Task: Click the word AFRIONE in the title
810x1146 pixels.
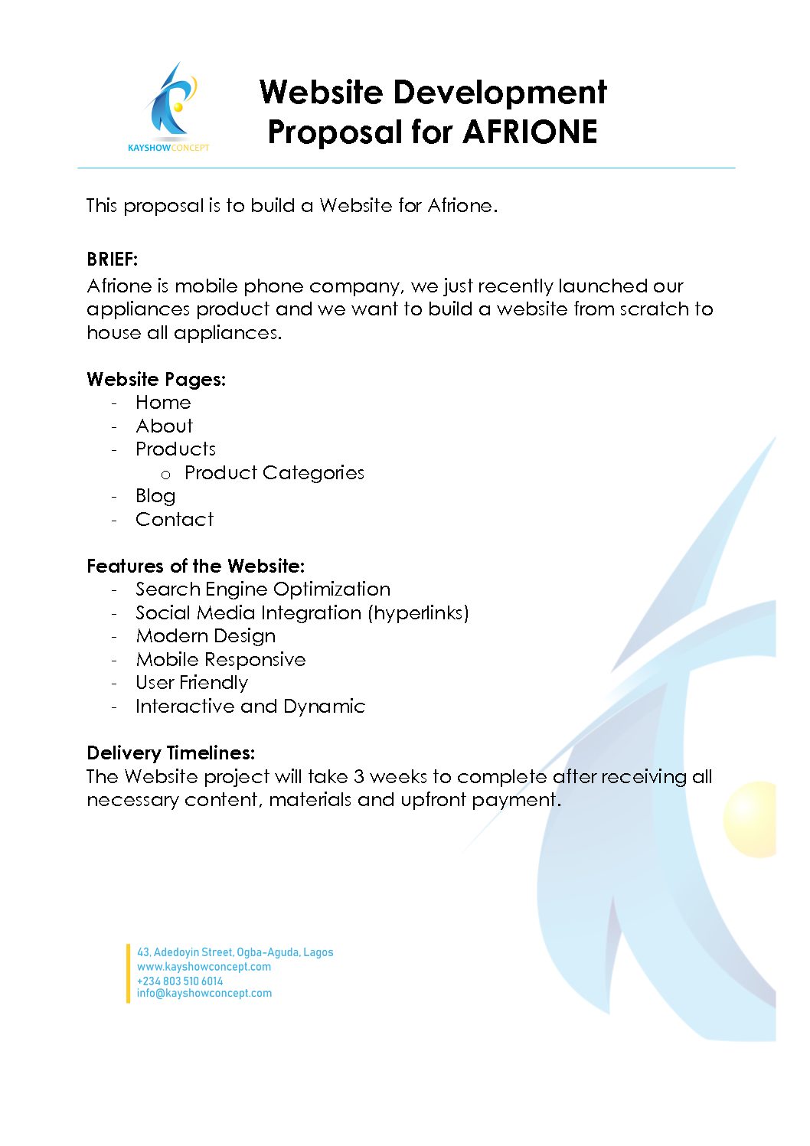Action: pos(530,132)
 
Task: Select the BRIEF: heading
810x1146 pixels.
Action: pos(112,260)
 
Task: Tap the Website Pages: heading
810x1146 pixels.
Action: pos(156,380)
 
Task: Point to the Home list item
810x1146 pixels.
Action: pos(163,403)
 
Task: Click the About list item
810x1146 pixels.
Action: pos(164,426)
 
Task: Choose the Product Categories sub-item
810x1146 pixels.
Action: pos(274,473)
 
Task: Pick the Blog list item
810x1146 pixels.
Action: pos(155,496)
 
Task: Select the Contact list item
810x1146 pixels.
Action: pos(175,520)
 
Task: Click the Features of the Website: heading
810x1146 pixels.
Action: pos(195,566)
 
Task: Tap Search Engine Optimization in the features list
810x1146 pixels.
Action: pos(263,589)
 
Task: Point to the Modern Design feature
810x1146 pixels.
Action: pos(205,636)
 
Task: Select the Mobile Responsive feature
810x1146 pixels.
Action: pos(220,660)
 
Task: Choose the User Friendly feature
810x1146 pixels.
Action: pos(191,683)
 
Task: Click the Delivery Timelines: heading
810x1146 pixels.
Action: pos(171,753)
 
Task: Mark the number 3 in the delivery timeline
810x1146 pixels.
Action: pos(358,777)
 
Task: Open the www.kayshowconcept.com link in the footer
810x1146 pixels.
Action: pos(204,967)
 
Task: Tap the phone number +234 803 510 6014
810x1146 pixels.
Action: pos(180,981)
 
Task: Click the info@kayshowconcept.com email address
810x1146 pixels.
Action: pos(204,994)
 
